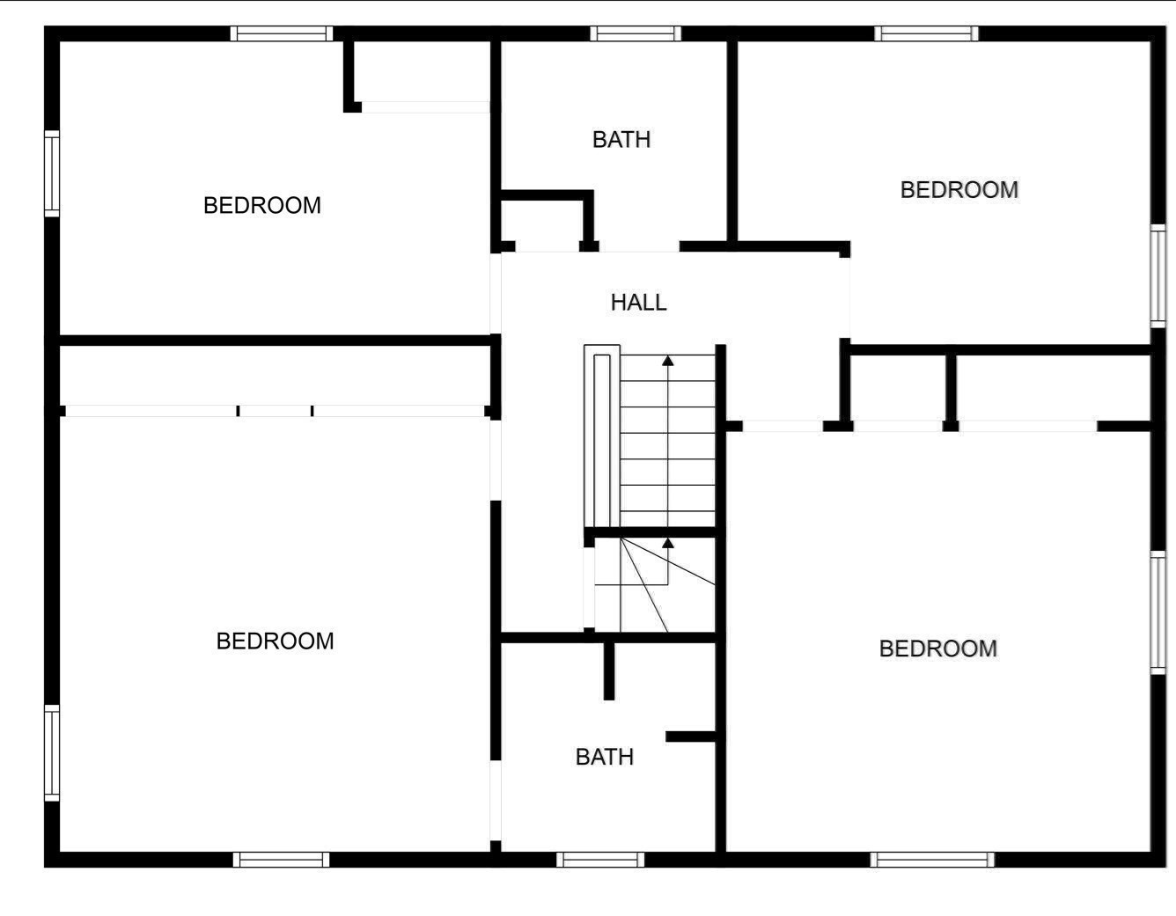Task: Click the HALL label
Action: click(638, 303)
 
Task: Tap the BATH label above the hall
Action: click(621, 140)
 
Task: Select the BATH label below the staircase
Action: click(605, 757)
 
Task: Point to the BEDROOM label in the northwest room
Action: click(262, 206)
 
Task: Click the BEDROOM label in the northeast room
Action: click(959, 190)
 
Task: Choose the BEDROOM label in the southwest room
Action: click(275, 641)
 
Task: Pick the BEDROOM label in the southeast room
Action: click(937, 649)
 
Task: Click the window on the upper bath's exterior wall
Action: click(636, 33)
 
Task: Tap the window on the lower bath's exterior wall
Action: click(600, 860)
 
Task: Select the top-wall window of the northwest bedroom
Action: click(282, 33)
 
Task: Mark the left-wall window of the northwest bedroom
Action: click(52, 173)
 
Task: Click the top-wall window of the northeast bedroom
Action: click(927, 33)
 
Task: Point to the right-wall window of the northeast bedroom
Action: click(1158, 275)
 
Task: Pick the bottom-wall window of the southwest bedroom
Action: click(281, 860)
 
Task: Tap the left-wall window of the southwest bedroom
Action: click(52, 752)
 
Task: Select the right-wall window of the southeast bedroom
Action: click(1158, 612)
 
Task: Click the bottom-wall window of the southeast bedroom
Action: click(932, 860)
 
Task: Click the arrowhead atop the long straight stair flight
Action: click(668, 361)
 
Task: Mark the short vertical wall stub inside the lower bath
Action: click(609, 671)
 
